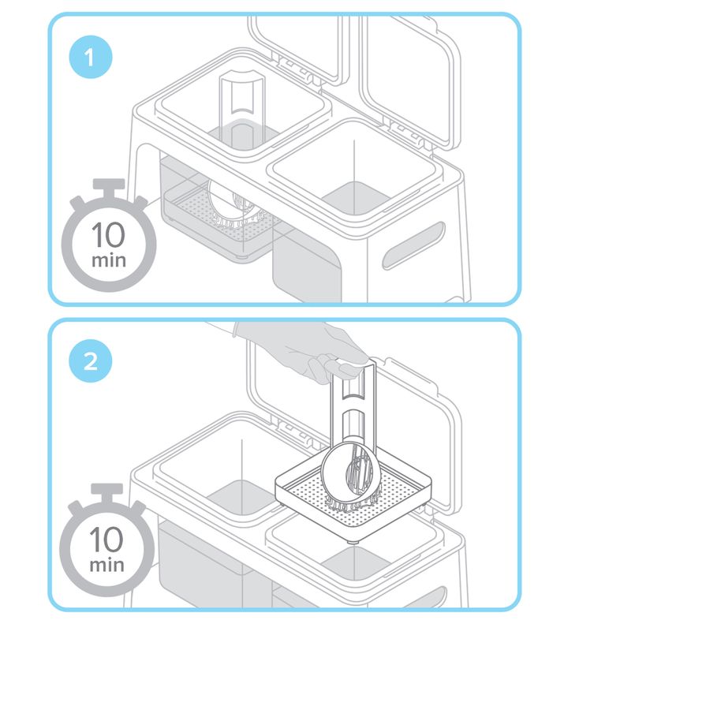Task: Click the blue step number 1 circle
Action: (91, 57)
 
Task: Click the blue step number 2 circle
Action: (91, 361)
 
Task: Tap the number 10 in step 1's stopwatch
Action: (109, 234)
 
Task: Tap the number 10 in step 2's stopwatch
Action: (106, 539)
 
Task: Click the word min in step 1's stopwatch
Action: (109, 260)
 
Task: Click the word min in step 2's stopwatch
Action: (107, 565)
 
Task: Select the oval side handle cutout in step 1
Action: (413, 246)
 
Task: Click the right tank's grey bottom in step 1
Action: (356, 198)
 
